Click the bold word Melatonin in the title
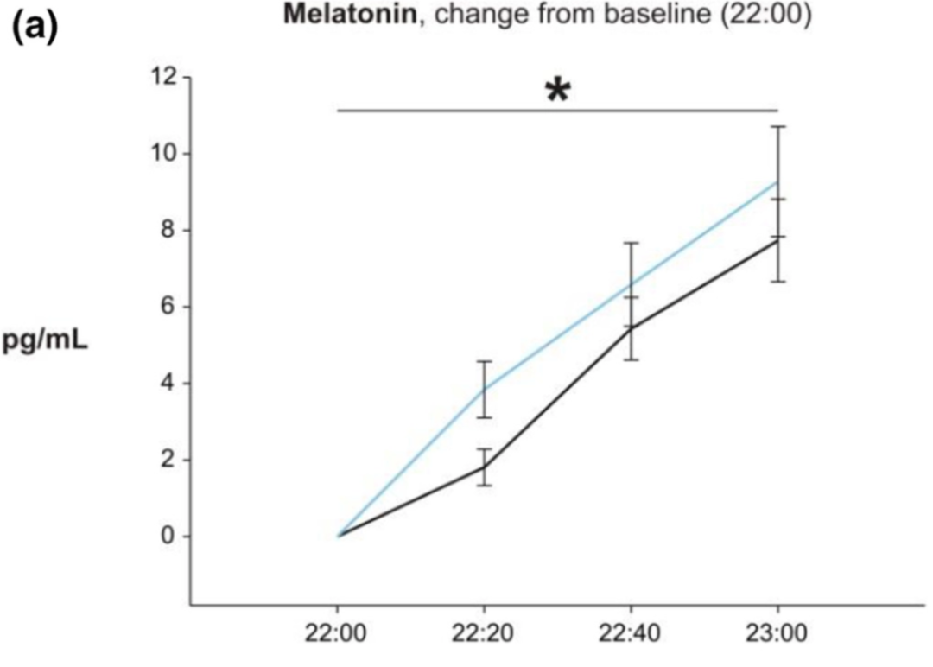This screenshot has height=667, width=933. pyautogui.click(x=350, y=14)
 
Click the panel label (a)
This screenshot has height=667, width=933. pyautogui.click(x=35, y=28)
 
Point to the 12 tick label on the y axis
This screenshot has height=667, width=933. pyautogui.click(x=164, y=77)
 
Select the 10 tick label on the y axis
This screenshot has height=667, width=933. pyautogui.click(x=164, y=154)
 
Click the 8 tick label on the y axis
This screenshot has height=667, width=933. pyautogui.click(x=170, y=230)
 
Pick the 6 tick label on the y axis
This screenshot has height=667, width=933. pyautogui.click(x=170, y=307)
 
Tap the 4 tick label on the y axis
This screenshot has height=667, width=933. pyautogui.click(x=170, y=384)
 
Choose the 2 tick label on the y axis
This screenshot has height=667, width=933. pyautogui.click(x=170, y=460)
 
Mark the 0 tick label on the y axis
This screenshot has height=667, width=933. pyautogui.click(x=170, y=536)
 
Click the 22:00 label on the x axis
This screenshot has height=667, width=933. pyautogui.click(x=336, y=633)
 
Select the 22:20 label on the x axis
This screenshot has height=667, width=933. pyautogui.click(x=483, y=633)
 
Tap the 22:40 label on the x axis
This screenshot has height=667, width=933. pyautogui.click(x=630, y=633)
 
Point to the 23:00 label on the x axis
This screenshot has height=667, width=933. pyautogui.click(x=777, y=633)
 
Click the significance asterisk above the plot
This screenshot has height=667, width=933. pyautogui.click(x=557, y=91)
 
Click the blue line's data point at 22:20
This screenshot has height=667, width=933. pyautogui.click(x=485, y=389)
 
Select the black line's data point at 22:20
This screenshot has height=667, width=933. pyautogui.click(x=485, y=467)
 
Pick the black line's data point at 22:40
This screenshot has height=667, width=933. pyautogui.click(x=631, y=327)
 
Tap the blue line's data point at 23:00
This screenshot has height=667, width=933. pyautogui.click(x=777, y=182)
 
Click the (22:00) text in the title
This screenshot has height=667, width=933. pyautogui.click(x=765, y=14)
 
